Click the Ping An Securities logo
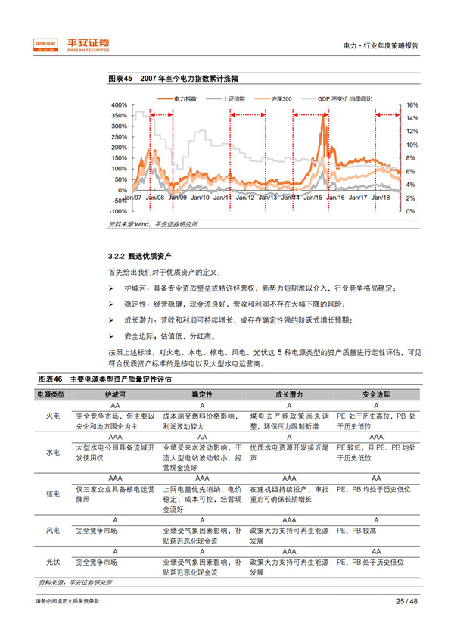(72, 45)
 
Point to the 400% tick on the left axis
(118, 105)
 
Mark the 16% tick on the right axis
(412, 105)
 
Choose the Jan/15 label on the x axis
(312, 197)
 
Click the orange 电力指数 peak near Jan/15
(323, 116)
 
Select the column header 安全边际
(375, 394)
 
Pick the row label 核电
(53, 493)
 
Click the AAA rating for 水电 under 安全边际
(375, 438)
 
